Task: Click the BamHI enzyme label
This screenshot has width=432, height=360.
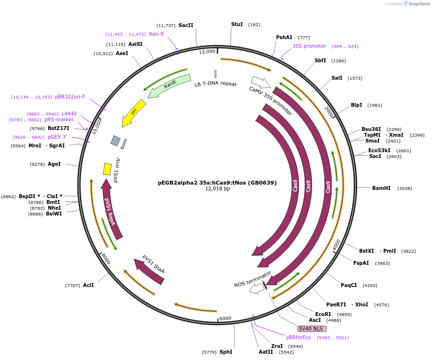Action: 381,188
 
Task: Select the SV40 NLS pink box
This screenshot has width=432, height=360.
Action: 310,329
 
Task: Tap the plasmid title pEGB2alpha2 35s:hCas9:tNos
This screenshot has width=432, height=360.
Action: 217,183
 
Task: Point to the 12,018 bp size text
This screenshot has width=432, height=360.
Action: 217,189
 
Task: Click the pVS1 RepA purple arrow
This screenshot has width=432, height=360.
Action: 111,208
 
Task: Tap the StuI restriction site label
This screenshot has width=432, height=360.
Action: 237,24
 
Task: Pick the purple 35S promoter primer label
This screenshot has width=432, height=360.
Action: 309,46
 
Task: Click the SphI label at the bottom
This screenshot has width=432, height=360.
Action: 226,352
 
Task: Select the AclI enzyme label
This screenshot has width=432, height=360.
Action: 88,285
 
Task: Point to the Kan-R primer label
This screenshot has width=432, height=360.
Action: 156,34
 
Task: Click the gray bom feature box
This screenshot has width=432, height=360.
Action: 115,141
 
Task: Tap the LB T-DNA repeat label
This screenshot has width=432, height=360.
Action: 215,84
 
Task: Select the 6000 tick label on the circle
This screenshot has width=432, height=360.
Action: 225,318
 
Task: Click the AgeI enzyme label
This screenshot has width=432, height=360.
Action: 54,164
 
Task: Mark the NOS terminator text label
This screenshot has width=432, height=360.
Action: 252,279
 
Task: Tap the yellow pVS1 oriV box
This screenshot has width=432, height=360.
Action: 107,169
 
